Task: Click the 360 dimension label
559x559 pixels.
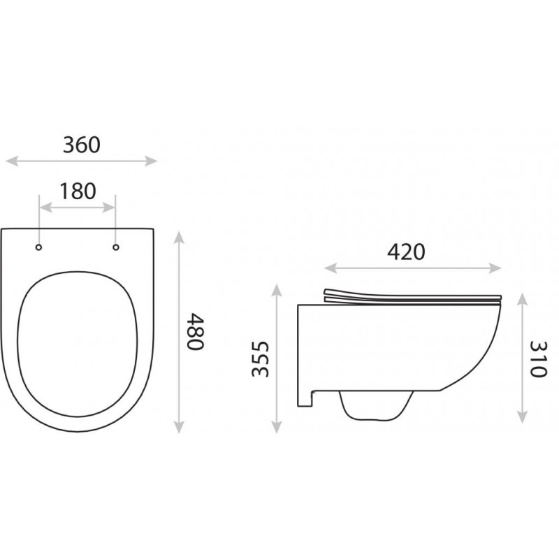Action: tap(82, 145)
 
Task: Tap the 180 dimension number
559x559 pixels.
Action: tap(78, 191)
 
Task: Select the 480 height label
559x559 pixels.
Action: tap(196, 332)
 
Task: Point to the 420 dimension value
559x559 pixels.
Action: tap(406, 252)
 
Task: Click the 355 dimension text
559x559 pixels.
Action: tap(260, 359)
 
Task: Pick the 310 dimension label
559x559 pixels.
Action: tap(538, 359)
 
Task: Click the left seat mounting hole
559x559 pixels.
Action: tap(38, 247)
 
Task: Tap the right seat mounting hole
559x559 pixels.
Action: tap(116, 247)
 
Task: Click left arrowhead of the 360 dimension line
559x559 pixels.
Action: tap(11, 161)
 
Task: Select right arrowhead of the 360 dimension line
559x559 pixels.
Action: tap(151, 161)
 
